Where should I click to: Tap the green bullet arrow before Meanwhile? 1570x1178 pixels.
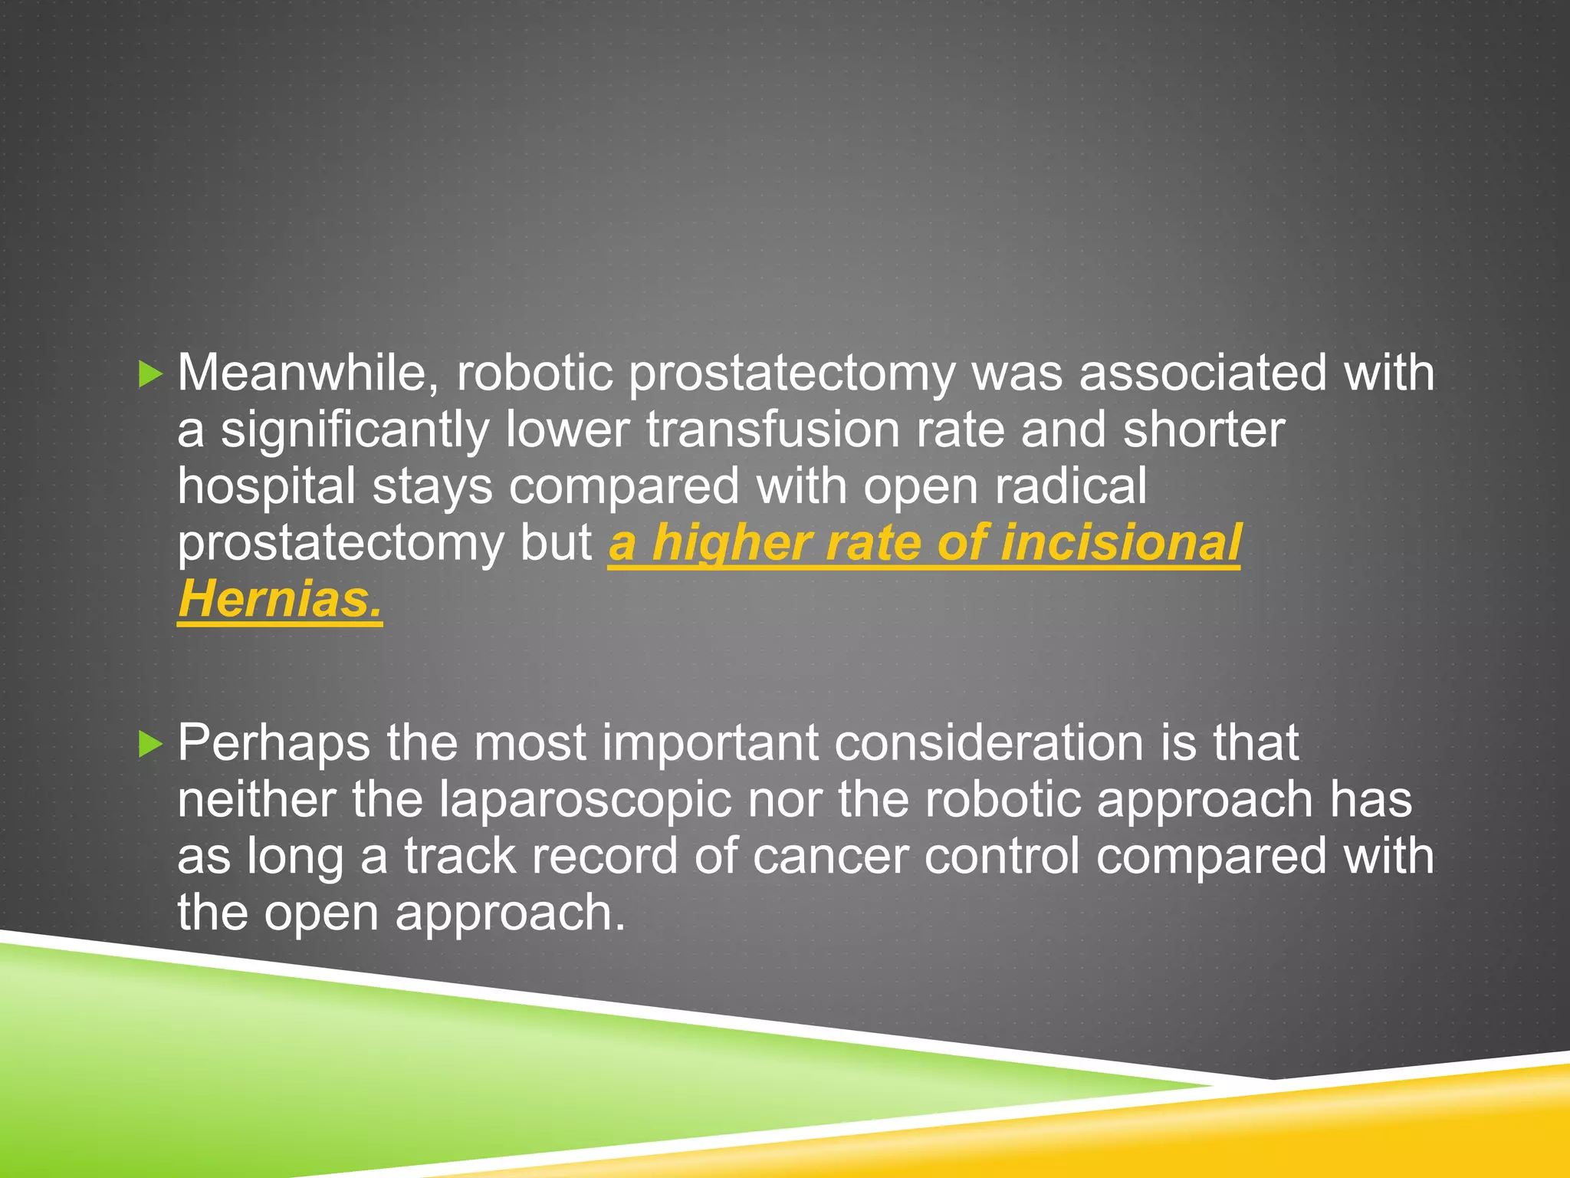pos(151,375)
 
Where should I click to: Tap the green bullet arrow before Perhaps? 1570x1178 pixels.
pos(151,744)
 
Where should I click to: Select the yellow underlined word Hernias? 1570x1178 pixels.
pos(280,599)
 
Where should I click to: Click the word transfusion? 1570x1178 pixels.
pos(772,430)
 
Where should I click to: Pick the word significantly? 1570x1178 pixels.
pos(355,430)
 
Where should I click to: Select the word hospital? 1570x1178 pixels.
pos(266,487)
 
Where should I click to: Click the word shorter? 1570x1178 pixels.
pos(1204,430)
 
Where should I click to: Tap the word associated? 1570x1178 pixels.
pos(1202,373)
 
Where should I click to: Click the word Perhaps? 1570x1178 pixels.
pos(274,742)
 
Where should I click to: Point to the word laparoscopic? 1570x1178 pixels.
pos(585,800)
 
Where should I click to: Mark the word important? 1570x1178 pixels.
pos(710,742)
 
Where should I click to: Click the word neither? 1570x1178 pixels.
pos(256,800)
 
